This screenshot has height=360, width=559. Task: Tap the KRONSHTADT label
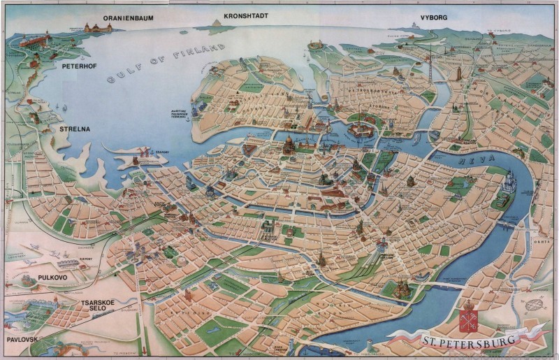246,15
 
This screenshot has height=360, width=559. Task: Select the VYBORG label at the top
434,17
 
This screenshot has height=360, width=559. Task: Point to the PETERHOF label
78,67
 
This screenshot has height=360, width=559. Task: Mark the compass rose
535,305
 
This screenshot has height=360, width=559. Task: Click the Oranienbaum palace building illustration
98,28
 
